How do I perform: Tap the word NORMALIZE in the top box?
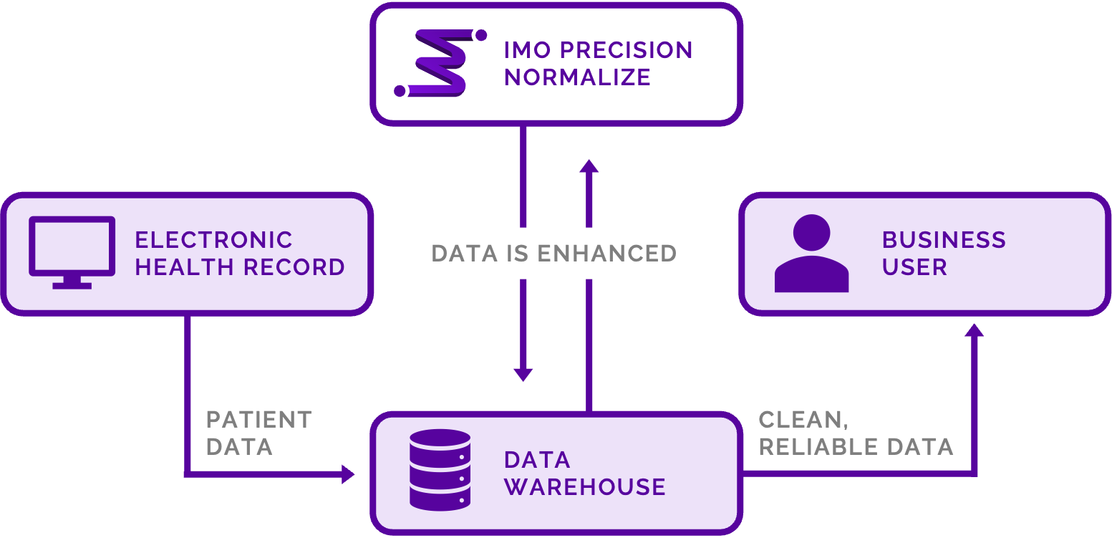click(x=577, y=77)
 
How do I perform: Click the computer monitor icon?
click(x=72, y=251)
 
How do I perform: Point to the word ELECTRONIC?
click(x=213, y=239)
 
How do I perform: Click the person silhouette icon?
click(x=811, y=254)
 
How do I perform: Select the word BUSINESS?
click(x=944, y=239)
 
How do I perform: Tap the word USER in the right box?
click(x=914, y=267)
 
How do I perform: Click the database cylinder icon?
click(x=440, y=469)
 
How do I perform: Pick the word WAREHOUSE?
click(x=584, y=487)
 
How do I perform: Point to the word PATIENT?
click(x=258, y=419)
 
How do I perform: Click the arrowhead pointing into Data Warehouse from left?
click(x=348, y=474)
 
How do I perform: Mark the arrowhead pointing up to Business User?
click(x=974, y=330)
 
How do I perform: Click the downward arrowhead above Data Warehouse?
click(x=523, y=374)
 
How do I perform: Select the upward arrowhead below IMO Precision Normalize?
click(x=589, y=166)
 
